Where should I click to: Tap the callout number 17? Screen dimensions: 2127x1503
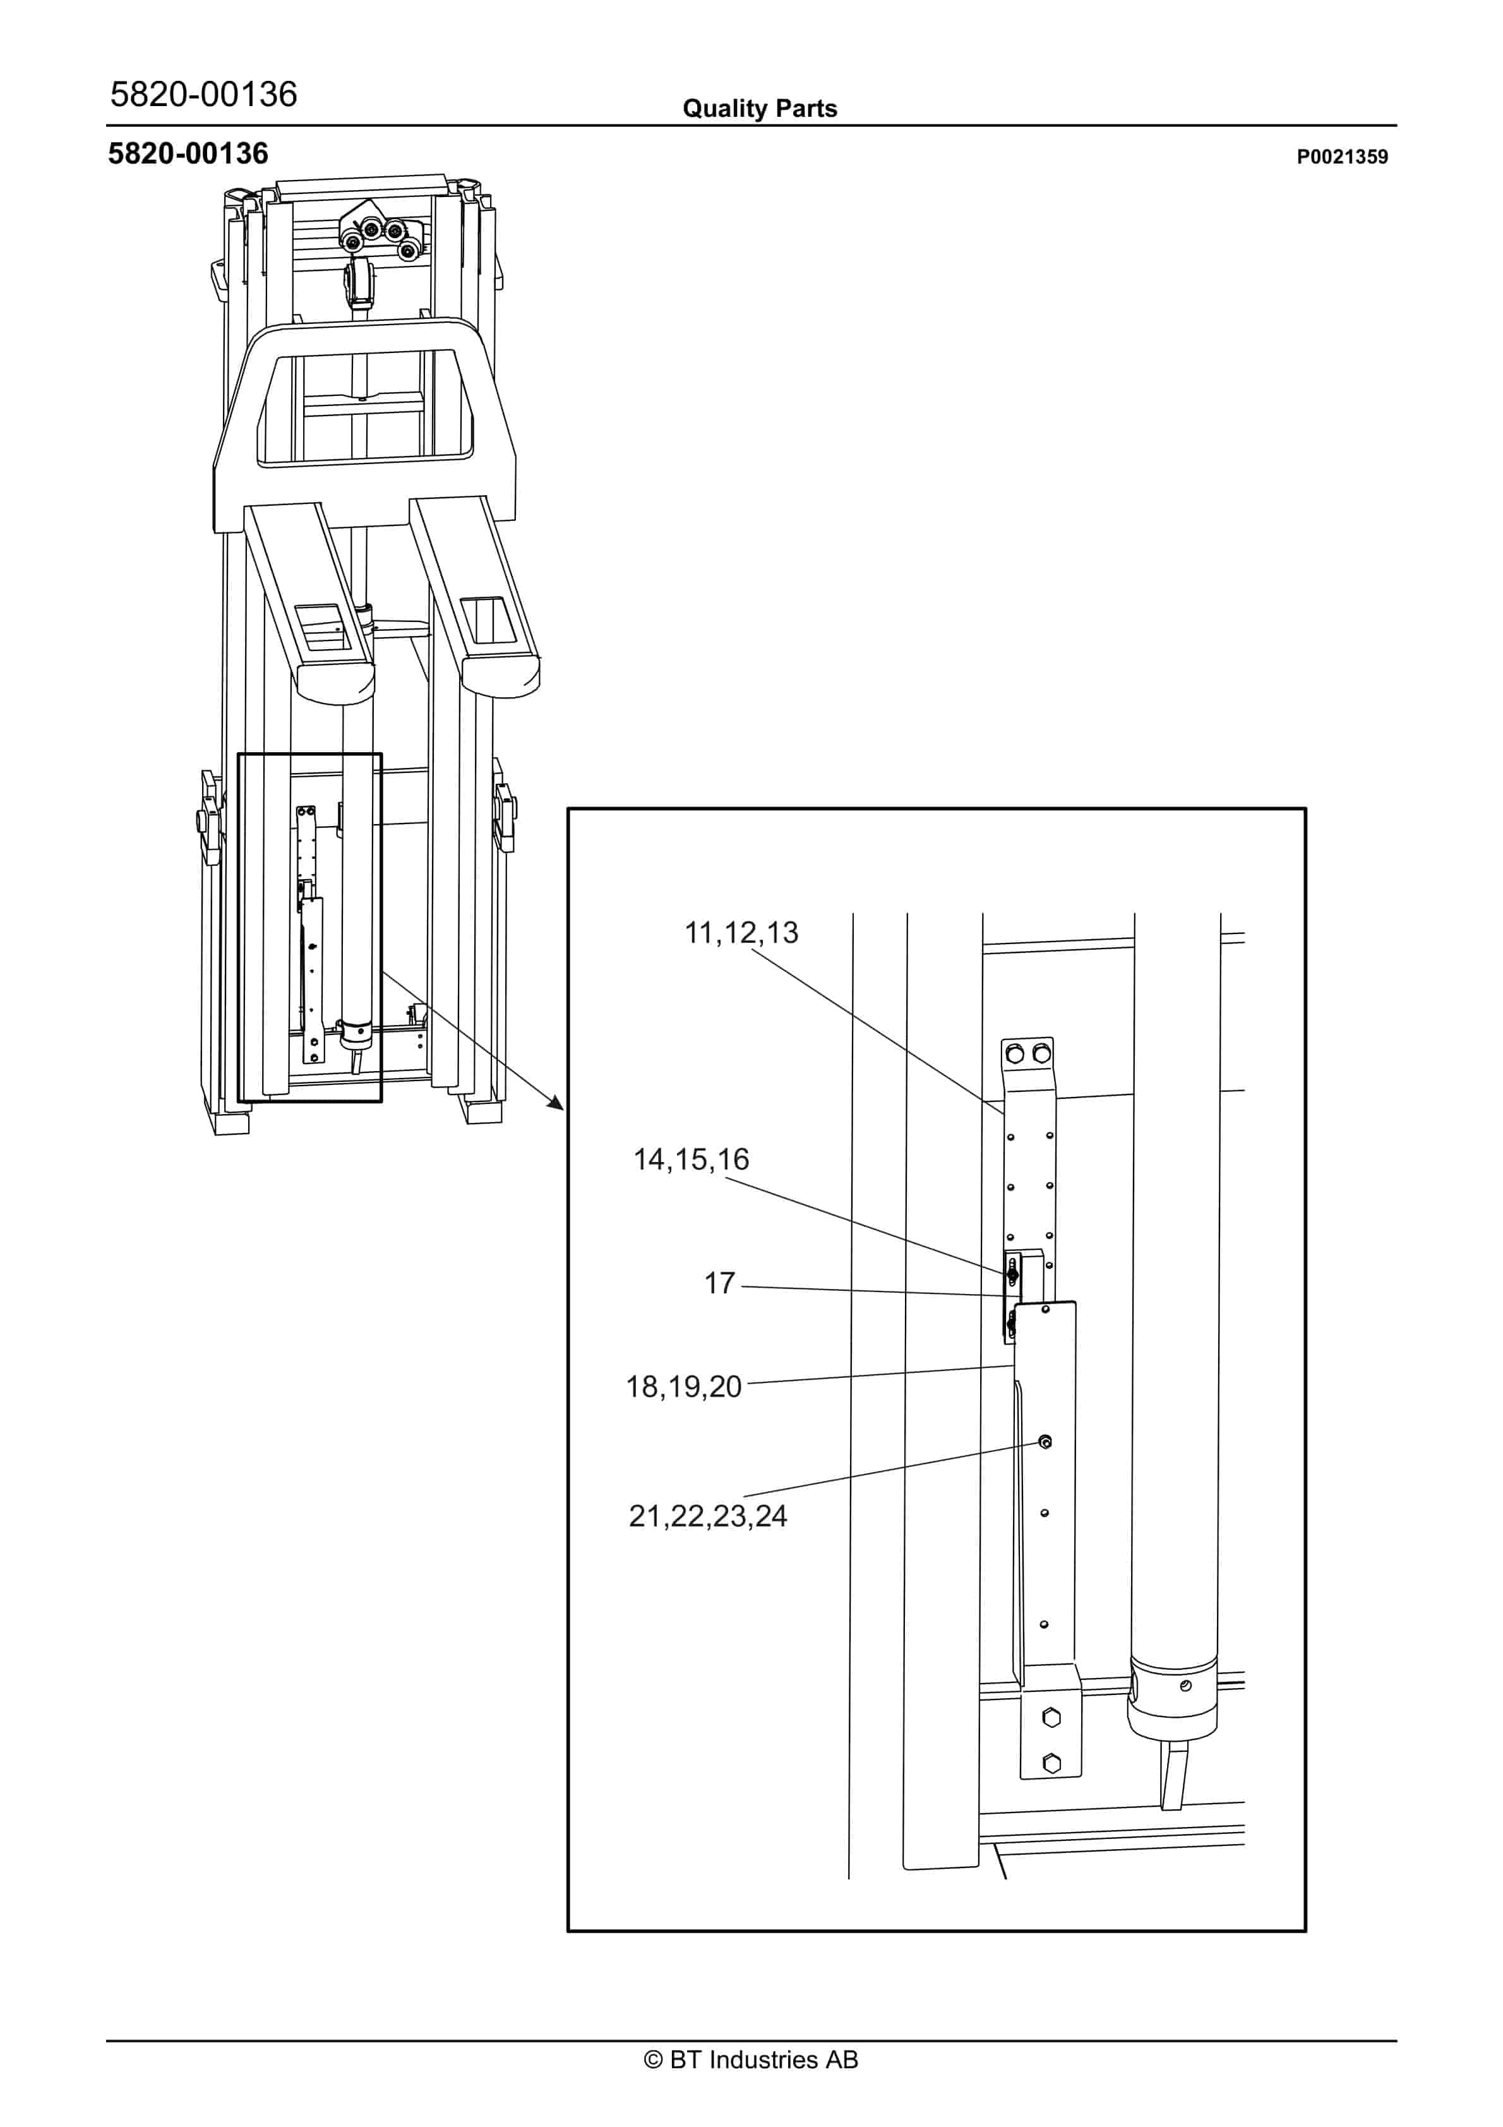719,1283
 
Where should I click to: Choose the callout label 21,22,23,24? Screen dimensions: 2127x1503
708,1516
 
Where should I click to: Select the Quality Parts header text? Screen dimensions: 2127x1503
759,109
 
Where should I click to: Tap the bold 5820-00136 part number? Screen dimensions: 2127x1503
188,154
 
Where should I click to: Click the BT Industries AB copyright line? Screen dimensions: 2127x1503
751,2059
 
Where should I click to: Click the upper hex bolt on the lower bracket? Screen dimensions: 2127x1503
1051,1718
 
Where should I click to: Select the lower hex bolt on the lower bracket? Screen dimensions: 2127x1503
1051,1764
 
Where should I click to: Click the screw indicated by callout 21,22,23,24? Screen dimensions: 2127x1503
1045,1442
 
